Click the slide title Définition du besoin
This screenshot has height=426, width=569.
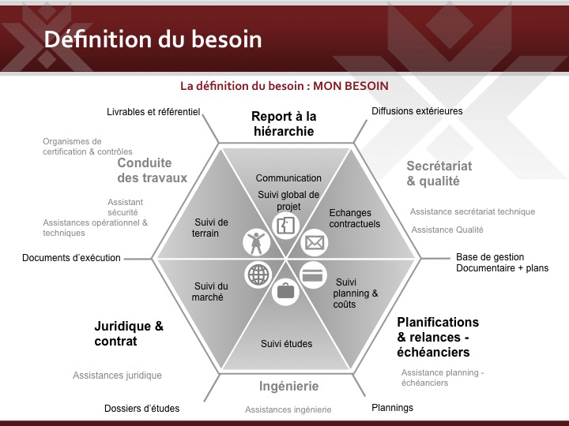(x=153, y=39)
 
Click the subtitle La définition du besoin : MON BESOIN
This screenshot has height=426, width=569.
(x=284, y=86)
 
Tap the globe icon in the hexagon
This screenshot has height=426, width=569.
(x=258, y=275)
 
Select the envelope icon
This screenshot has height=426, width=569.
(x=315, y=242)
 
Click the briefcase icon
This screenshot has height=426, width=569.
(x=285, y=292)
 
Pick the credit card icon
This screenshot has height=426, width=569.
(x=313, y=275)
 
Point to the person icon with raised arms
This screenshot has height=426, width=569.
(x=256, y=241)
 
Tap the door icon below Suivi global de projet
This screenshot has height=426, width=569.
(x=285, y=226)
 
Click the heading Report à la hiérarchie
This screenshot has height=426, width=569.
(x=284, y=124)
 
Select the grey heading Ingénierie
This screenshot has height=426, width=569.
(x=289, y=386)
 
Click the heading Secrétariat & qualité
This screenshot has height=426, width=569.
(x=439, y=173)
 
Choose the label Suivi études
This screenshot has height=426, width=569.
(x=286, y=343)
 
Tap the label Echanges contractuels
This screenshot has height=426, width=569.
(x=355, y=218)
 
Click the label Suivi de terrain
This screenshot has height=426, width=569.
(x=210, y=227)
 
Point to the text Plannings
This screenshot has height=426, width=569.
(x=392, y=408)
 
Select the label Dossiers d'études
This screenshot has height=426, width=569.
(x=142, y=409)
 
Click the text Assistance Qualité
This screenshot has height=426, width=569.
(x=447, y=230)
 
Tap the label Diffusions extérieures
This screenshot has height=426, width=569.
(x=417, y=111)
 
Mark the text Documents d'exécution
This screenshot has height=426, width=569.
(x=71, y=258)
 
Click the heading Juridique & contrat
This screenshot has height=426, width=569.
(x=129, y=334)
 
